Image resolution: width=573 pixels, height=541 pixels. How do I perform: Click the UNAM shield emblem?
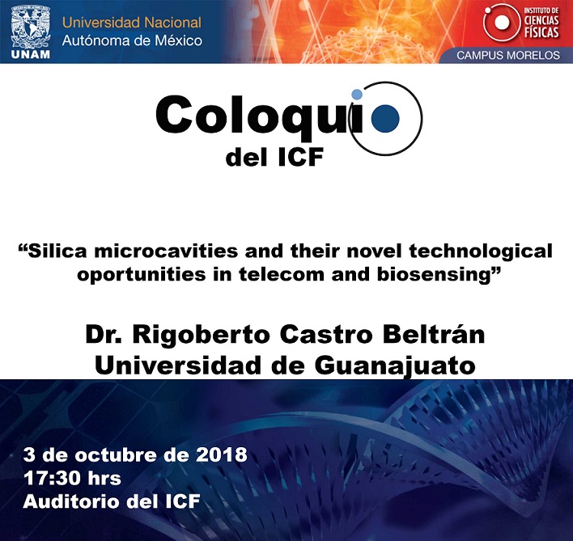(31, 27)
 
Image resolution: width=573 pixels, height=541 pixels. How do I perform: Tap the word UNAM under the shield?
(31, 55)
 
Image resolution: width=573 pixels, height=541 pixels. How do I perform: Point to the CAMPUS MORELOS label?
(508, 55)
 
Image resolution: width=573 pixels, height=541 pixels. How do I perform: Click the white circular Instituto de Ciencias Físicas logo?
(502, 23)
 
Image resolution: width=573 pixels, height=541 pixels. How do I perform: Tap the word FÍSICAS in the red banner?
(541, 32)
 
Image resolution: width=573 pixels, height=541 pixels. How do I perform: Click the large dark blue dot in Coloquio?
(385, 118)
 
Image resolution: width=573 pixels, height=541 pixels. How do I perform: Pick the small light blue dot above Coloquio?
(357, 94)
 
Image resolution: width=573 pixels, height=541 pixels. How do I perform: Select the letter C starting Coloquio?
(174, 115)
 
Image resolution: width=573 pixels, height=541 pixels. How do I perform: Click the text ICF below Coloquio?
(301, 158)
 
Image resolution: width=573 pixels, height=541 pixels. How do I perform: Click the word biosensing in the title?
(434, 274)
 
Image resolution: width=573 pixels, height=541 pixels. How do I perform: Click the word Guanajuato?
(395, 366)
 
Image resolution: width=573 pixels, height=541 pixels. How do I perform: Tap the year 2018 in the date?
(222, 454)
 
